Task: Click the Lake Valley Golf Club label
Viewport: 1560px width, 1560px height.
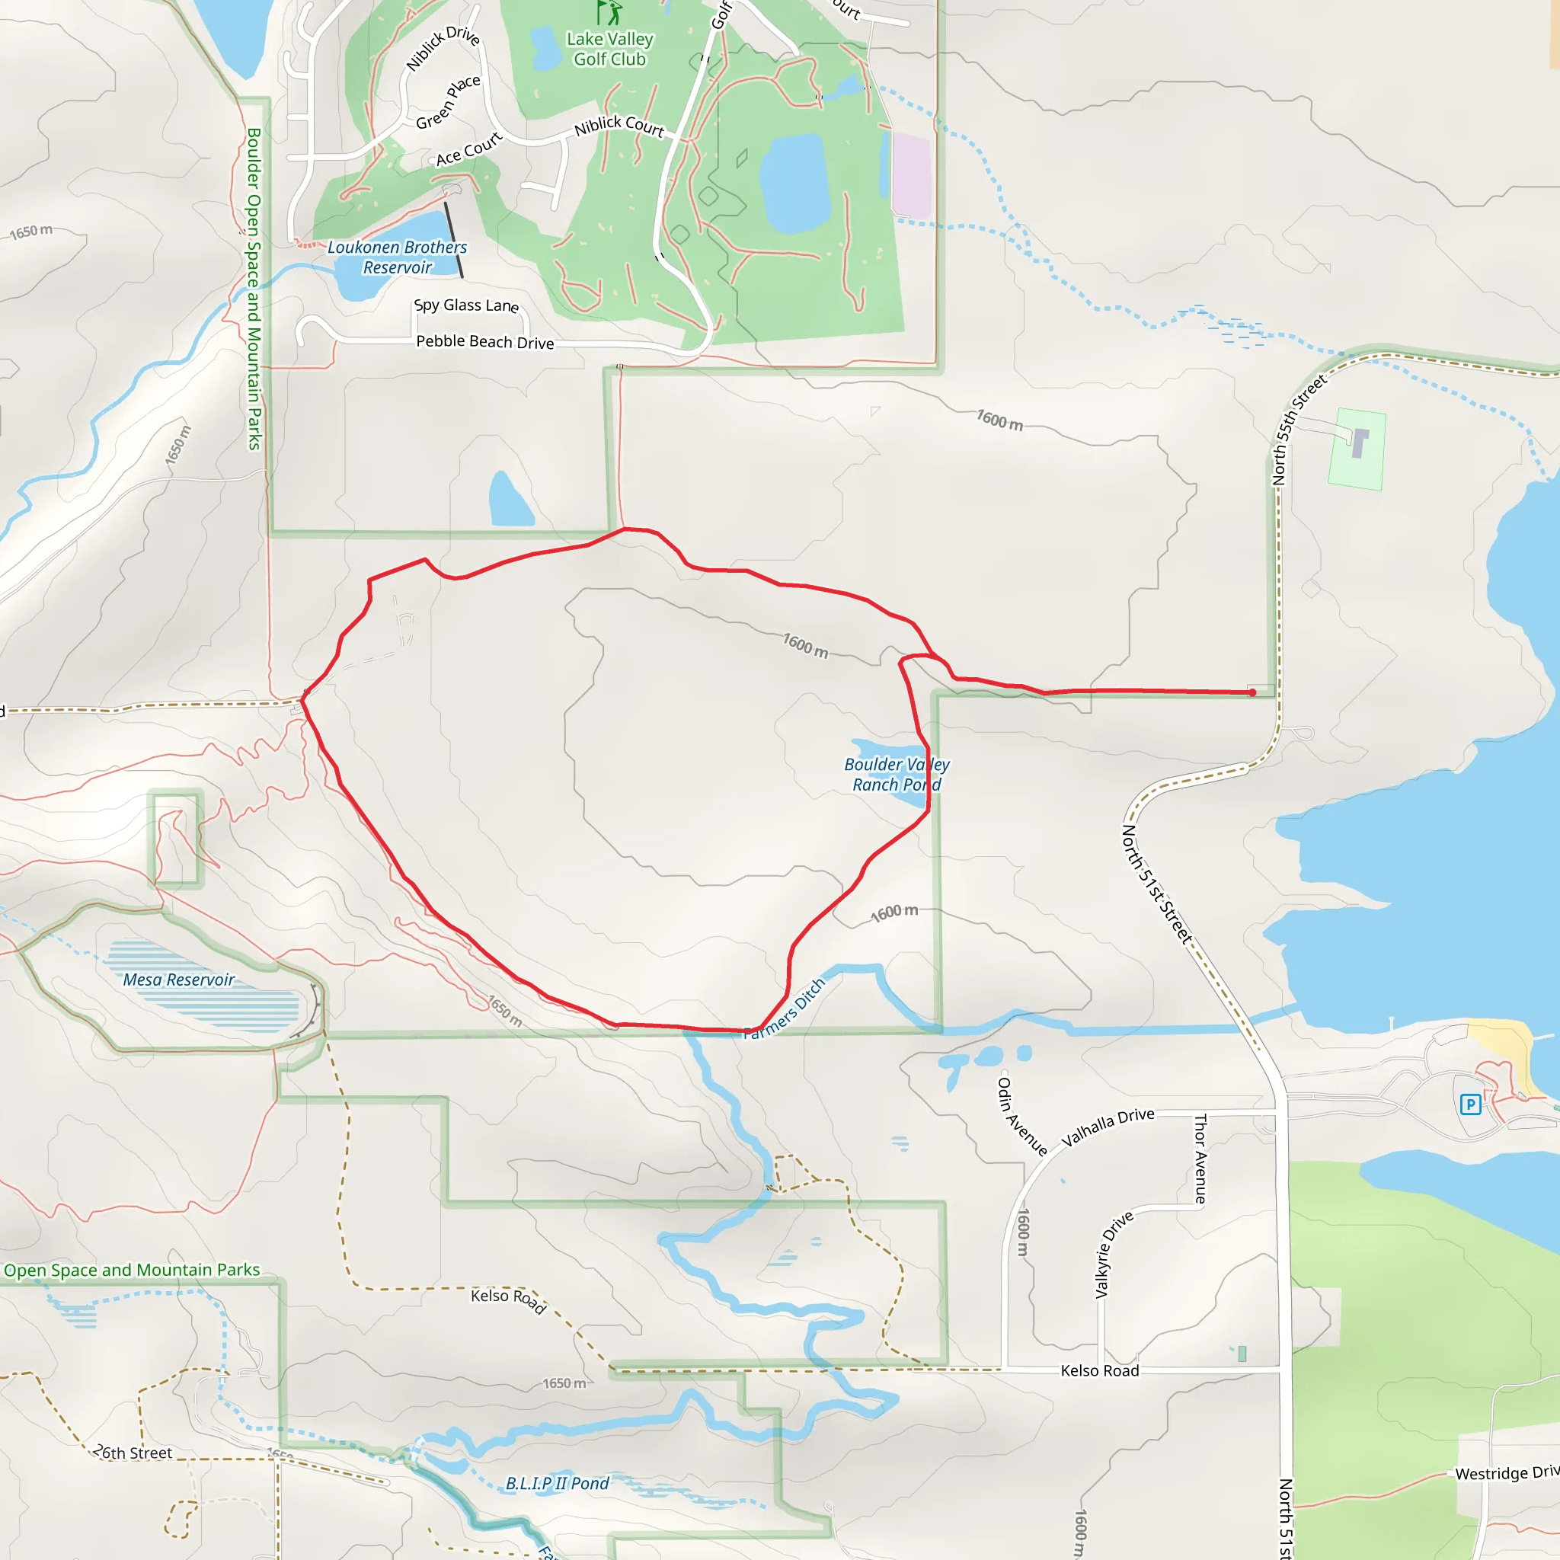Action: pos(609,50)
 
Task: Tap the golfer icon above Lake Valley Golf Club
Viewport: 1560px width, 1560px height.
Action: pos(611,12)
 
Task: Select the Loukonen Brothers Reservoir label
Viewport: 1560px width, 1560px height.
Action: pos(398,257)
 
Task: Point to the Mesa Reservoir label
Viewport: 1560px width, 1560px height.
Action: pos(178,980)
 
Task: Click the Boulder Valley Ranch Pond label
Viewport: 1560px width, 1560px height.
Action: pos(897,774)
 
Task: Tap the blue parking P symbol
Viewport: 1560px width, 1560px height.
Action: pos(1470,1104)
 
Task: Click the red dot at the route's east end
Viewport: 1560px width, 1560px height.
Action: pos(1252,692)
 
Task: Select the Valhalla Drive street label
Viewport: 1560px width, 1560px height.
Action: pos(1107,1127)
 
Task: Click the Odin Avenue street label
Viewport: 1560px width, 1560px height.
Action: pos(1021,1116)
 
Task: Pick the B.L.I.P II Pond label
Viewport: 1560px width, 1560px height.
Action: pos(557,1483)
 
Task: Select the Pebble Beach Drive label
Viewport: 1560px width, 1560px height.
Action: pos(484,341)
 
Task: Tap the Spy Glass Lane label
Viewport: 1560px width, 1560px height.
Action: pos(466,305)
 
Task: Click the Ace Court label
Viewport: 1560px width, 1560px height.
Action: pos(468,149)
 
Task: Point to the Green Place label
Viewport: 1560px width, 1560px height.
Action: pos(448,102)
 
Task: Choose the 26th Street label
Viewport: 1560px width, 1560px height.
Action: pos(133,1453)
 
